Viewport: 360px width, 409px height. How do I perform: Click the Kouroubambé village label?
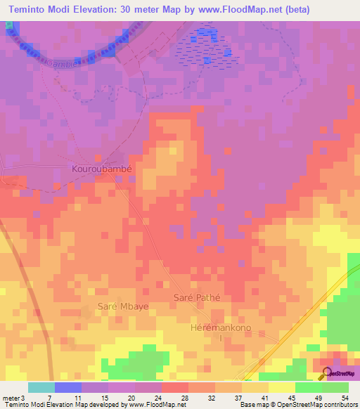click(x=102, y=169)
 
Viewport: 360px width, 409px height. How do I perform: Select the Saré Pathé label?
click(x=197, y=297)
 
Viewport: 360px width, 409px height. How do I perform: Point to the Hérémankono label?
click(x=219, y=328)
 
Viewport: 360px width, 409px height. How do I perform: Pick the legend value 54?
click(x=345, y=397)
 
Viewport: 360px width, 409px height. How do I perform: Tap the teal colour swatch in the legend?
click(x=41, y=387)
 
